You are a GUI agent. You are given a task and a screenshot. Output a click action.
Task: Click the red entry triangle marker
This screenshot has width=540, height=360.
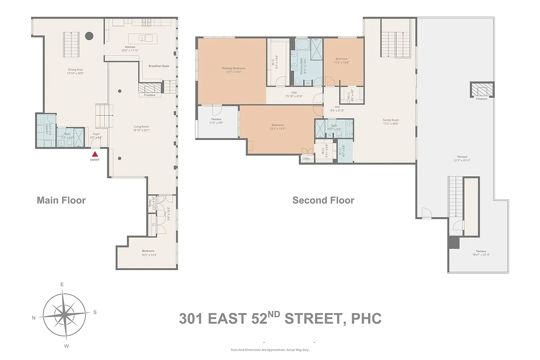pyautogui.click(x=95, y=154)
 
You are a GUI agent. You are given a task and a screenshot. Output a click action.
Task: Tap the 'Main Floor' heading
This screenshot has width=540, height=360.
pyautogui.click(x=61, y=200)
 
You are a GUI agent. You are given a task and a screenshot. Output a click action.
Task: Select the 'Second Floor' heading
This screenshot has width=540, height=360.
pyautogui.click(x=323, y=200)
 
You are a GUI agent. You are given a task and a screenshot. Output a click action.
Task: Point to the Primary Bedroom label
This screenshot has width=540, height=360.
pyautogui.click(x=234, y=68)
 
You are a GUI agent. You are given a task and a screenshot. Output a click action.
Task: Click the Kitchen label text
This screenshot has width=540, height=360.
pyautogui.click(x=130, y=47)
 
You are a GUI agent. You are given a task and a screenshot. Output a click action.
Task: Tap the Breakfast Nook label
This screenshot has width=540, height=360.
pyautogui.click(x=159, y=66)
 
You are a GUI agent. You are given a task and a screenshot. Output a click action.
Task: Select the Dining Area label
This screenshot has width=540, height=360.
pyautogui.click(x=75, y=70)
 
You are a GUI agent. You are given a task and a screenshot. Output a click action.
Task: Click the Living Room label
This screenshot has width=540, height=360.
pyautogui.click(x=141, y=127)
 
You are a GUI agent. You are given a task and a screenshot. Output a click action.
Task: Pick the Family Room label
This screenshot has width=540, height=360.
pyautogui.click(x=391, y=120)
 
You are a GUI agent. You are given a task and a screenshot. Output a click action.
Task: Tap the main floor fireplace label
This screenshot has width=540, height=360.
pyautogui.click(x=149, y=95)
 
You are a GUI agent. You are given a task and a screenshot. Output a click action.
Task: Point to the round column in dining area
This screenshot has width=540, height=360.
pyautogui.click(x=89, y=36)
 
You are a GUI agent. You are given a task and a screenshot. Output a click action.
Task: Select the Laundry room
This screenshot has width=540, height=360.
pyautogui.click(x=45, y=130)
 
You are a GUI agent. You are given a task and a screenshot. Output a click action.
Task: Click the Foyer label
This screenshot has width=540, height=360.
pyautogui.click(x=96, y=134)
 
